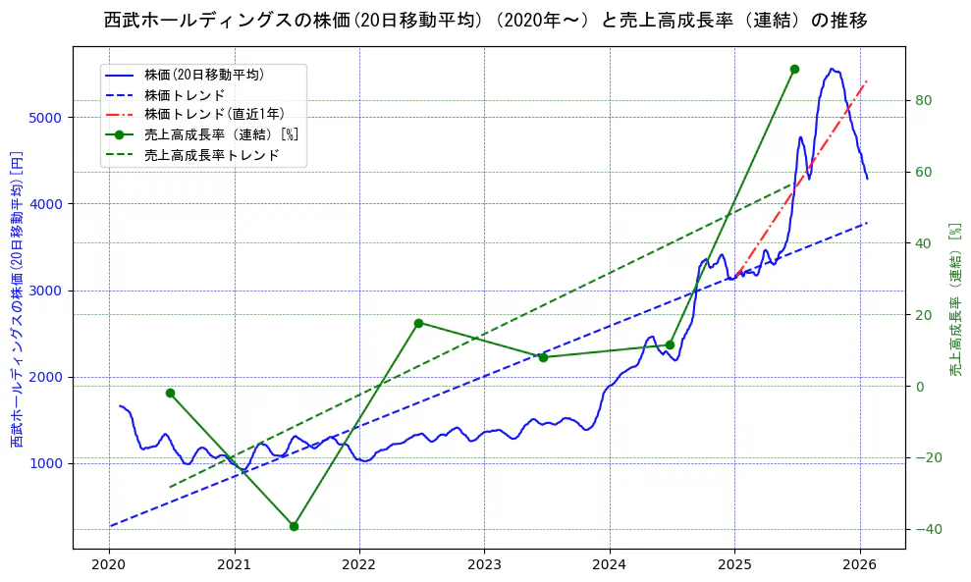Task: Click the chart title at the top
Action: click(485, 20)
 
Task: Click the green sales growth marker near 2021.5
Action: click(294, 526)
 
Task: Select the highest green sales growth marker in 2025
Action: click(794, 69)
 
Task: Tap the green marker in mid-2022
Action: click(418, 323)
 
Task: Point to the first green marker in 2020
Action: click(170, 393)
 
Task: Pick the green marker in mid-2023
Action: click(543, 357)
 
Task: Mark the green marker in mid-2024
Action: click(670, 344)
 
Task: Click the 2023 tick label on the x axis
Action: click(484, 565)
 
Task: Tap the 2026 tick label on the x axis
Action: click(860, 565)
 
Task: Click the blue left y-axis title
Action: click(17, 299)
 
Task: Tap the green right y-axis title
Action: click(954, 299)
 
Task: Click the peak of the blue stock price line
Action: click(832, 69)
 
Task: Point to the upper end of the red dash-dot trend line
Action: click(867, 81)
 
